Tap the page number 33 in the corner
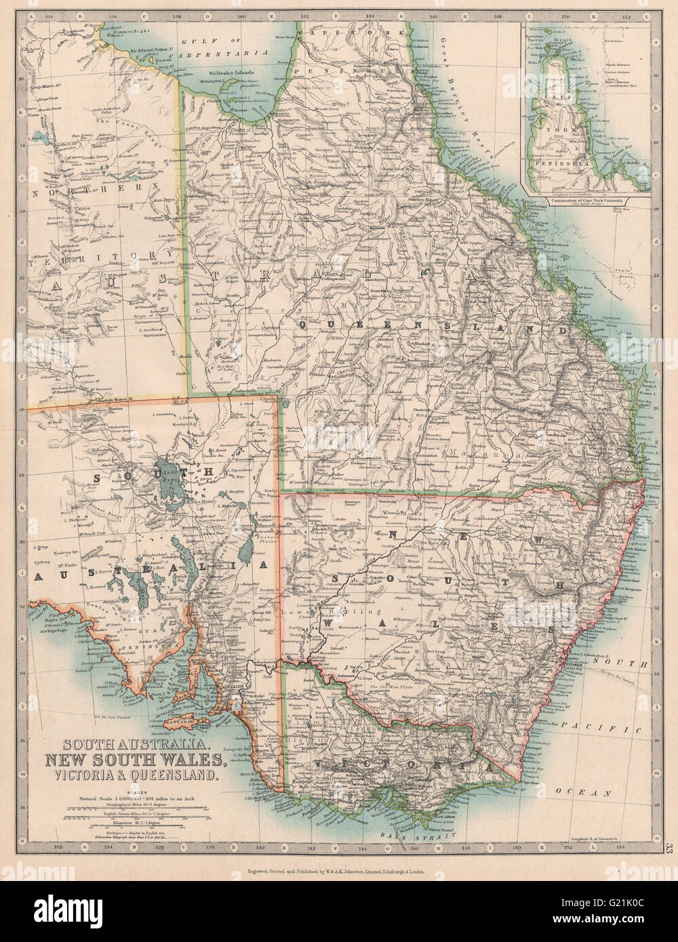pos(670,847)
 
